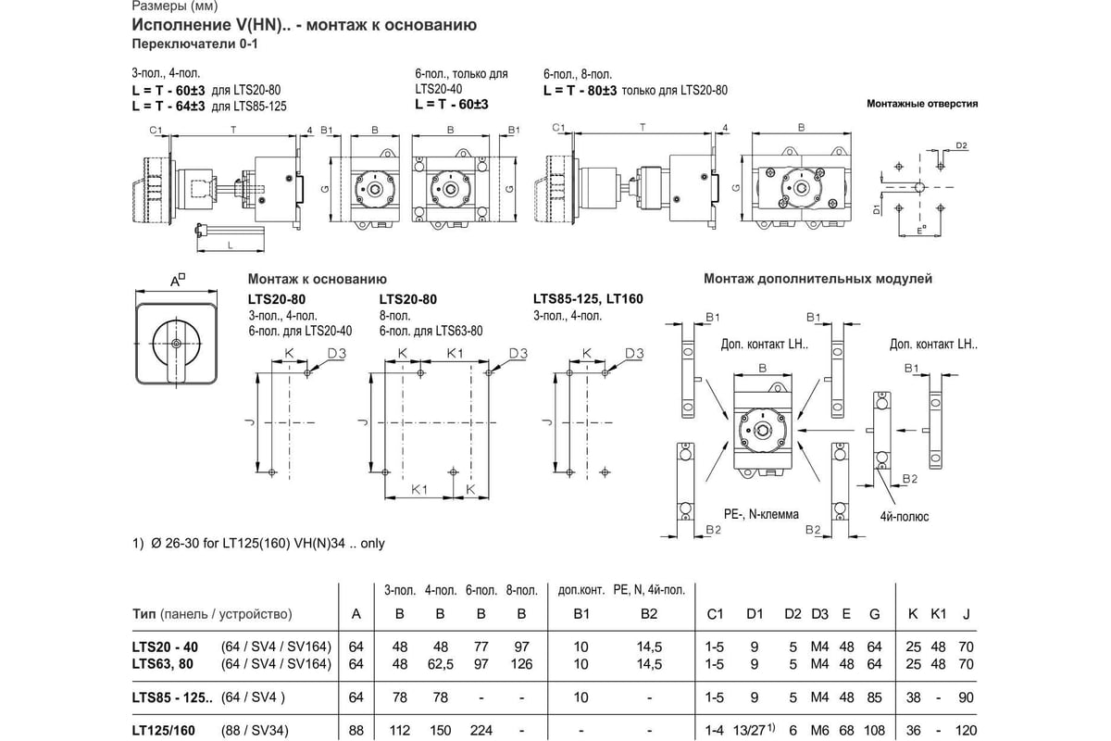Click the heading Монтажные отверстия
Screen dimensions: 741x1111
tap(921, 104)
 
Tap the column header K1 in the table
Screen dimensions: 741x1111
tap(938, 614)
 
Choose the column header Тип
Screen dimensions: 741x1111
tap(144, 614)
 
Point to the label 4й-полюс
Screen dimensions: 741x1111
tap(904, 516)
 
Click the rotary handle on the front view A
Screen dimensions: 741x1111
tap(176, 344)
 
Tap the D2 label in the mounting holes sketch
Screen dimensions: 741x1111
tap(961, 146)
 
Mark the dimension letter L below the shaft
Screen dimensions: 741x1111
tap(229, 244)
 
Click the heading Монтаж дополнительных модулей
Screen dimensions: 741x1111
tap(818, 278)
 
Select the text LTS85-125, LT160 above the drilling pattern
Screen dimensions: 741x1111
tap(588, 299)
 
